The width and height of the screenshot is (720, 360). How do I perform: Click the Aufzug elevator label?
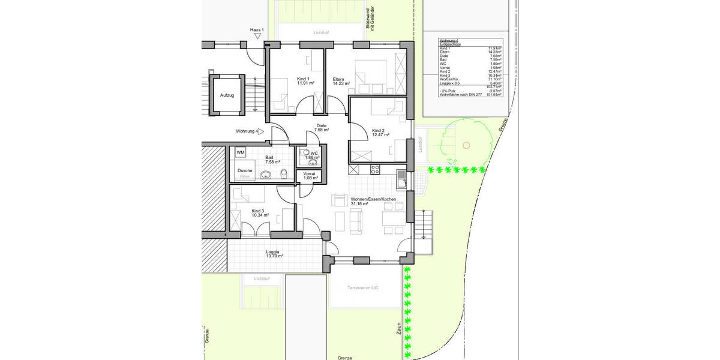pos(227,95)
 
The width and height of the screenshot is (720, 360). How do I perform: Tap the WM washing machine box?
pos(241,153)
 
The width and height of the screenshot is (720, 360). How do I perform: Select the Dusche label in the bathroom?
pos(245,170)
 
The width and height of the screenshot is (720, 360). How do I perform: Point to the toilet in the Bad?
pos(284,174)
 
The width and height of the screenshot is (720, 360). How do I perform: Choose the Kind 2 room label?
pos(378,133)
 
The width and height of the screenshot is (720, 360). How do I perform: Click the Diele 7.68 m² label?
pos(321,128)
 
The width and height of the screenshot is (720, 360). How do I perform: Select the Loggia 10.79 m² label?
pos(274,254)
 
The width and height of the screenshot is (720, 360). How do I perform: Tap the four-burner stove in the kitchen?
pos(376,169)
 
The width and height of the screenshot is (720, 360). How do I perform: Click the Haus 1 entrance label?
pos(257,29)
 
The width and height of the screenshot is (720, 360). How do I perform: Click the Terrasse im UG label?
pos(363,288)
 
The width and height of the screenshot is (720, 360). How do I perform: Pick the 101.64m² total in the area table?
pos(495,94)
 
